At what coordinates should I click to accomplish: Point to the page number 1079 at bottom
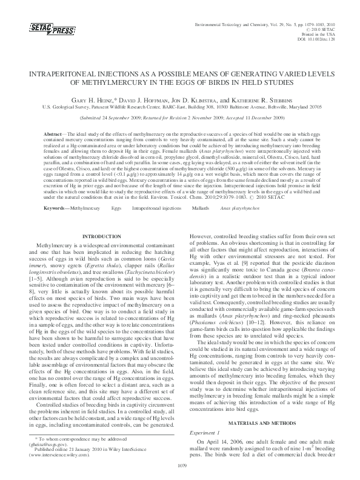(x=180, y=465)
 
